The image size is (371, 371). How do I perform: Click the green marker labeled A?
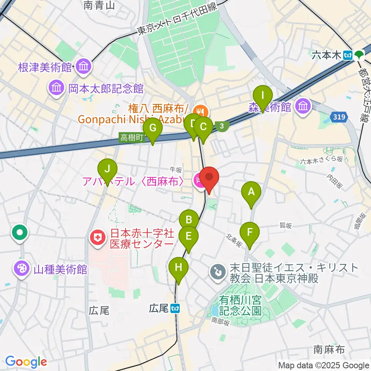tap(251, 192)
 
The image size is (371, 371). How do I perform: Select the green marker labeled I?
tap(262, 95)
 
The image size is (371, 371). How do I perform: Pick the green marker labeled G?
tap(152, 128)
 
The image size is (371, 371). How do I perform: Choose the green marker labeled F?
tap(250, 233)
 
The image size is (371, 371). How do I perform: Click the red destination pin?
tap(209, 179)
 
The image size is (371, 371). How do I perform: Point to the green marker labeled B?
tap(189, 220)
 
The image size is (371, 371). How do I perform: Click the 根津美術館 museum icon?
tap(83, 66)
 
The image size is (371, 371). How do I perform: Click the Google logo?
tap(26, 362)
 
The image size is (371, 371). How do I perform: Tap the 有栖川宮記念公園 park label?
tap(240, 305)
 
